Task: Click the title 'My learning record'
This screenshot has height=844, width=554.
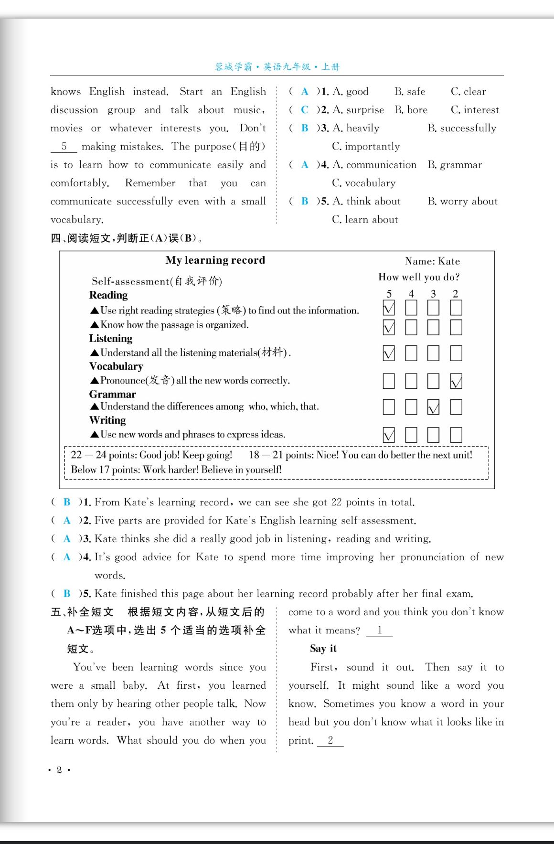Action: pos(215,260)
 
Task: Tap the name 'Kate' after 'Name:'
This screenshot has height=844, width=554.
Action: pos(449,261)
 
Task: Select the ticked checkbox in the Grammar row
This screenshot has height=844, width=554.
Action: pos(433,407)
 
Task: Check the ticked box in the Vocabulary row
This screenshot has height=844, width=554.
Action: pos(456,382)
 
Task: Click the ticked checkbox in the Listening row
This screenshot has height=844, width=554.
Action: pos(389,353)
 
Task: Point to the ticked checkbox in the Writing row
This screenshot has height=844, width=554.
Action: pos(389,435)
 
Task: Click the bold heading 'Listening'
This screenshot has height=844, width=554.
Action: pos(111,339)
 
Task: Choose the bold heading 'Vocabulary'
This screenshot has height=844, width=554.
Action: pos(116,366)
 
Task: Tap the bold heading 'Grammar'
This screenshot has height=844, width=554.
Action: pos(113,395)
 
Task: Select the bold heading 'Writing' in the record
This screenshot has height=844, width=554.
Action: pos(108,420)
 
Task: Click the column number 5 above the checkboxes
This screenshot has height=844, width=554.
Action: pos(389,294)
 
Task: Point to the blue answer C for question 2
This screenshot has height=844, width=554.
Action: pos(305,110)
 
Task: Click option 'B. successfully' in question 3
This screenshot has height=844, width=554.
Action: pos(462,128)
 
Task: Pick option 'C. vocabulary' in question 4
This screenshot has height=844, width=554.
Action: pos(364,183)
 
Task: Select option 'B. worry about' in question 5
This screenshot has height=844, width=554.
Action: pos(462,201)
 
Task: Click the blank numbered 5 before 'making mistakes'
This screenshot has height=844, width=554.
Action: pos(64,147)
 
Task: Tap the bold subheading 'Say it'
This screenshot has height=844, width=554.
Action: pos(323,649)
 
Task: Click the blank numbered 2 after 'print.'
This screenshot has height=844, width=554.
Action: pos(330,740)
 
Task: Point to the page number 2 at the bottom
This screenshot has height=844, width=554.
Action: pos(59,769)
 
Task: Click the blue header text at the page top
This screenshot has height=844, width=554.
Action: pos(277,67)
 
